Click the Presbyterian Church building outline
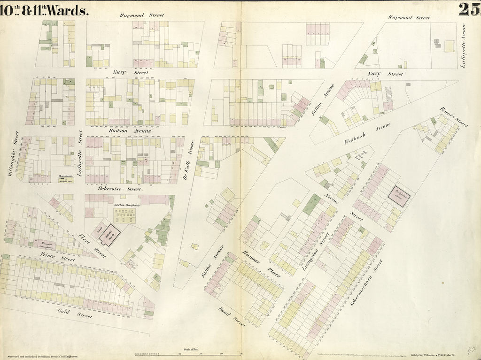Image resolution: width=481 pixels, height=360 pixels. pos(399,195)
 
